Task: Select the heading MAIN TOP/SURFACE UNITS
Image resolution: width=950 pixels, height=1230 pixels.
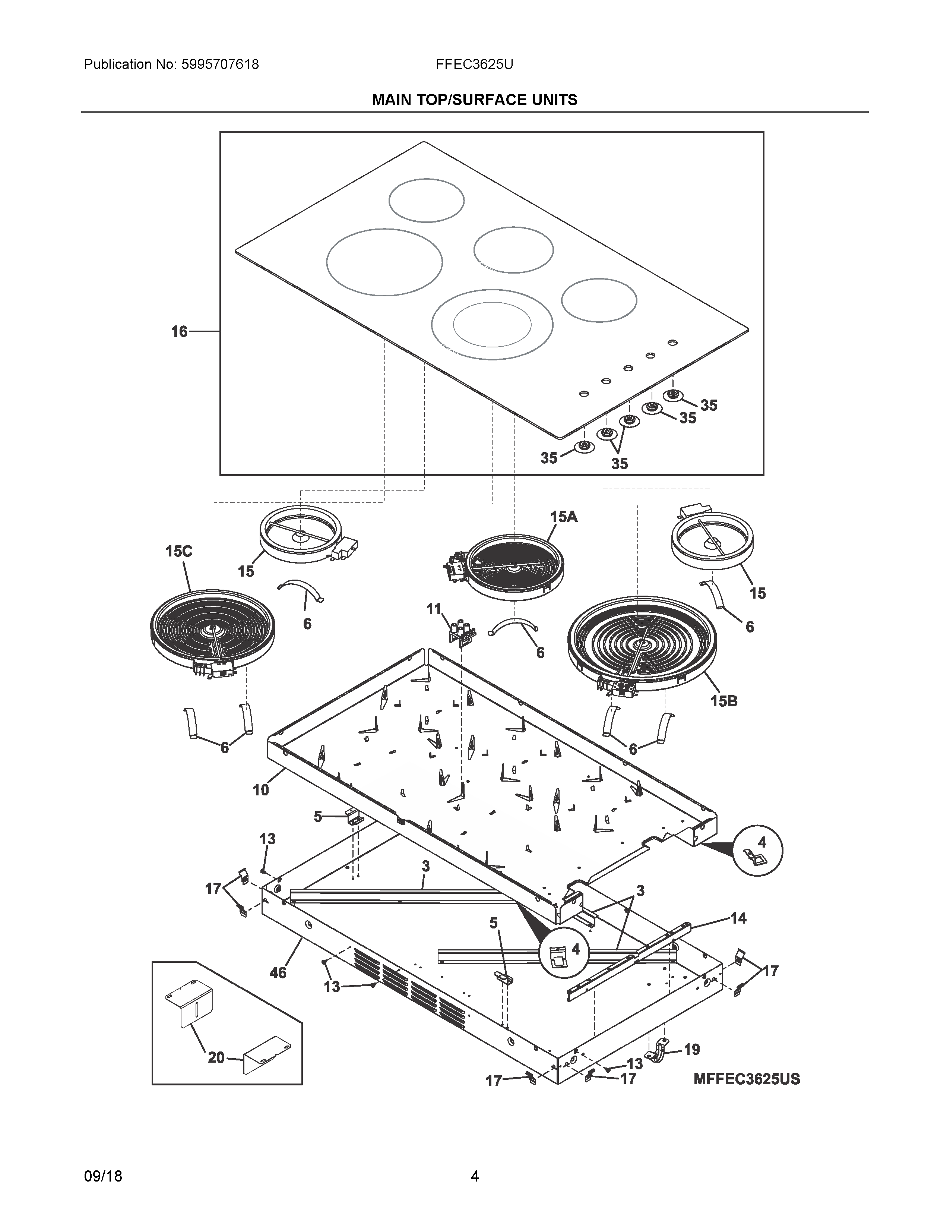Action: pyautogui.click(x=474, y=100)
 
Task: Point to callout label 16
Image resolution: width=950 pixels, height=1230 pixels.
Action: pyautogui.click(x=179, y=332)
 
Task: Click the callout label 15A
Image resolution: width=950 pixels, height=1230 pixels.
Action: pyautogui.click(x=563, y=517)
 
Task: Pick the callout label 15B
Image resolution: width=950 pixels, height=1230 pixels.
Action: pyautogui.click(x=724, y=701)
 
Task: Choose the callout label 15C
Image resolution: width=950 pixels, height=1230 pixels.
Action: pyautogui.click(x=179, y=551)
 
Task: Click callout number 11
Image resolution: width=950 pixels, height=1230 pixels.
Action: pyautogui.click(x=434, y=609)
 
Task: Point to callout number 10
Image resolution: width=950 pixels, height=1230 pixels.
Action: pyautogui.click(x=260, y=790)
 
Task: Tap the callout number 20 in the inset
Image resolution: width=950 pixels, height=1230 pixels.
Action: pyautogui.click(x=216, y=1058)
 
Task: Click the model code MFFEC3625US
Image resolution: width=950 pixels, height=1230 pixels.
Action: pyautogui.click(x=746, y=1079)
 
